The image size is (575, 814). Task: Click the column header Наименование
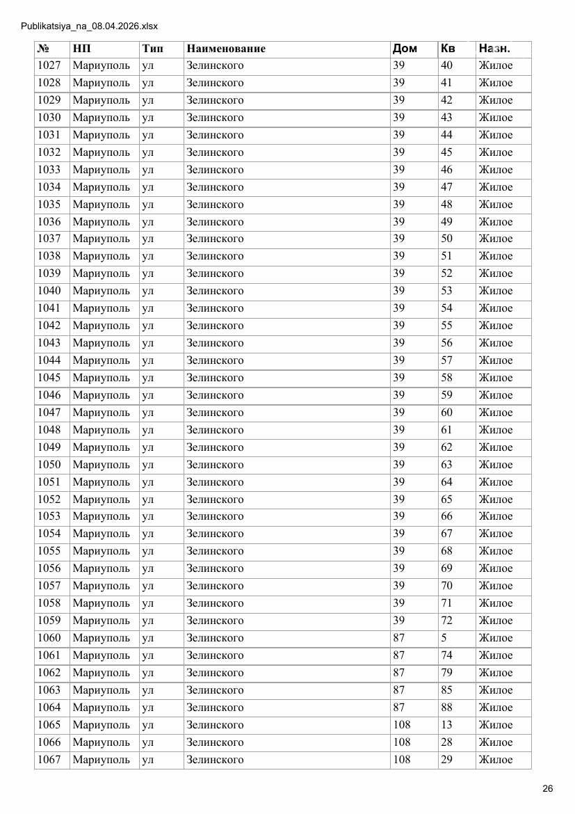point(226,49)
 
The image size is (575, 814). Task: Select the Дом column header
point(405,49)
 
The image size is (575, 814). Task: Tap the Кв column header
point(448,49)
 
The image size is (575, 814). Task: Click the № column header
point(43,49)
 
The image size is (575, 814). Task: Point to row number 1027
point(49,65)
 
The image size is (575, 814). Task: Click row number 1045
point(49,378)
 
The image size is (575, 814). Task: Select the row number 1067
point(49,760)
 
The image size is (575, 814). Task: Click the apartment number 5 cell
point(444,638)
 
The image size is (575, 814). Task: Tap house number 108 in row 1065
point(402,725)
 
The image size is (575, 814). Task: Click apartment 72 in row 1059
point(447,621)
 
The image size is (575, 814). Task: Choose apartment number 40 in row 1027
point(447,65)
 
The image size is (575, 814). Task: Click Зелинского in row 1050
point(215,465)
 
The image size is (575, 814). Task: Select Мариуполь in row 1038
point(101,256)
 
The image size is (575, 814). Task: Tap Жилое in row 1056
point(496,568)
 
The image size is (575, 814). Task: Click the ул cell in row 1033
point(147,170)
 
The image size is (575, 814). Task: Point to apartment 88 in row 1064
point(447,708)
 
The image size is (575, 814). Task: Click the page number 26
point(548,788)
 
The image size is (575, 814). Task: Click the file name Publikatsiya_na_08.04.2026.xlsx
point(90,26)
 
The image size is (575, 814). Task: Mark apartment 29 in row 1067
point(447,760)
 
